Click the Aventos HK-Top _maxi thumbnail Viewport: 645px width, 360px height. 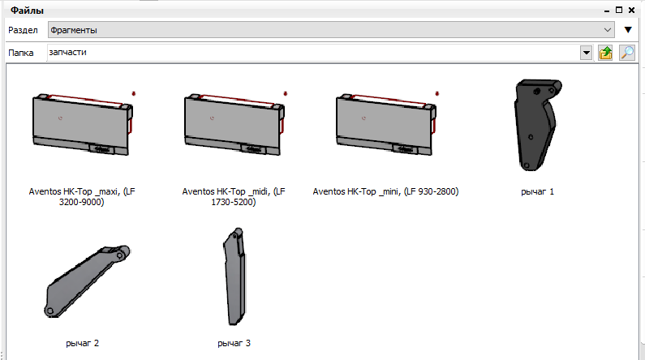pyautogui.click(x=82, y=124)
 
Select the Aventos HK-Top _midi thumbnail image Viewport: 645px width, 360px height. pyautogui.click(x=234, y=124)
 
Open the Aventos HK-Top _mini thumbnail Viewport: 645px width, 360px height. pyautogui.click(x=386, y=124)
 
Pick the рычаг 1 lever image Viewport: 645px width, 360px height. pyautogui.click(x=537, y=125)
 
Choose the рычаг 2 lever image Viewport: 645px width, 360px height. pyautogui.click(x=86, y=281)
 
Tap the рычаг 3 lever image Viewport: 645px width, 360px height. pyautogui.click(x=235, y=276)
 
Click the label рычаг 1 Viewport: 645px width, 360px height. pyautogui.click(x=537, y=192)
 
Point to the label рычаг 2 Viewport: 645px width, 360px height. pyautogui.click(x=82, y=344)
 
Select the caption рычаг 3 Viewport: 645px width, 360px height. pyautogui.click(x=234, y=344)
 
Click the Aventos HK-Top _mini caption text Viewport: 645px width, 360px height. pyautogui.click(x=386, y=191)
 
